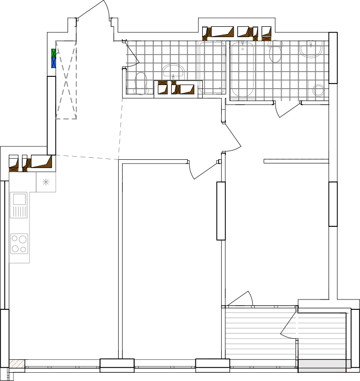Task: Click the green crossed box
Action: coord(54,53)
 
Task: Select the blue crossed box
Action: coord(54,62)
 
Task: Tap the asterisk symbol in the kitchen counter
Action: coord(46,182)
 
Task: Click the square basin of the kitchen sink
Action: coord(19,199)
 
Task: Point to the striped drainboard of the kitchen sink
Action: coord(19,211)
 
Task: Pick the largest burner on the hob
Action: coord(23,239)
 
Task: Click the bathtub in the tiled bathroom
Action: coord(242,70)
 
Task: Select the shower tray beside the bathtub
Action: coord(211,68)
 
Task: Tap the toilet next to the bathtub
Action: coord(275,52)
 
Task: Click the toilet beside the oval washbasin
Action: coord(141,84)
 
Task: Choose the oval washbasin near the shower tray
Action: coord(173,71)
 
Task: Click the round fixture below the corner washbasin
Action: coord(318,90)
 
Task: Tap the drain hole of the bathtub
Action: coord(242,49)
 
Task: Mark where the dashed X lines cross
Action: coord(66,80)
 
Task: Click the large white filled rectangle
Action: coord(322,364)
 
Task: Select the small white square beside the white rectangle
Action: coord(348,364)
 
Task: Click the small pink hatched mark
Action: coord(17,363)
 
